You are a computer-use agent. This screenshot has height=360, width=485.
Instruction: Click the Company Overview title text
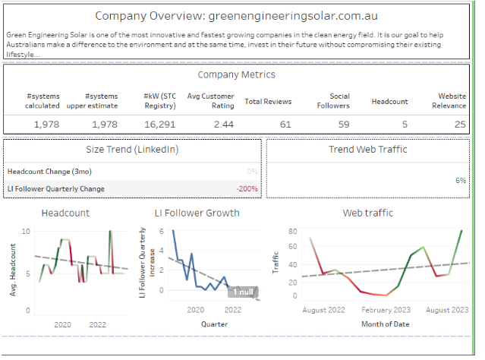237,15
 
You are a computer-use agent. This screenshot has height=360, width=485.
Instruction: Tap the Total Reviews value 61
285,125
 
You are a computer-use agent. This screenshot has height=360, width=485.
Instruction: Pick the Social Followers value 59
343,125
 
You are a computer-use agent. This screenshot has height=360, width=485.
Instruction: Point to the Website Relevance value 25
460,125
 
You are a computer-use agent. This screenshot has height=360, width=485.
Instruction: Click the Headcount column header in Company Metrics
390,102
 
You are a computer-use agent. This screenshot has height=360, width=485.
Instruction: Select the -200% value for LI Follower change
247,188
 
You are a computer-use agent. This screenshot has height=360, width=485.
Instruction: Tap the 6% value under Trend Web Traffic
460,181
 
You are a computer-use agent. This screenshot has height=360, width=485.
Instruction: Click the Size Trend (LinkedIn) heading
133,149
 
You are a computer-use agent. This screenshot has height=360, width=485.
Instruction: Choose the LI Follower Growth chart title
197,213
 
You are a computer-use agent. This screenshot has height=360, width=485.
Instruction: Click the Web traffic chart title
368,213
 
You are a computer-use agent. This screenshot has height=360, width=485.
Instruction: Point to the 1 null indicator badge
243,292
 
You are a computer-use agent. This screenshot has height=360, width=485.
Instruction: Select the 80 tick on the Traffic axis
292,230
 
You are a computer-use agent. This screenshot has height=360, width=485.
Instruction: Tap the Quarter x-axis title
214,324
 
